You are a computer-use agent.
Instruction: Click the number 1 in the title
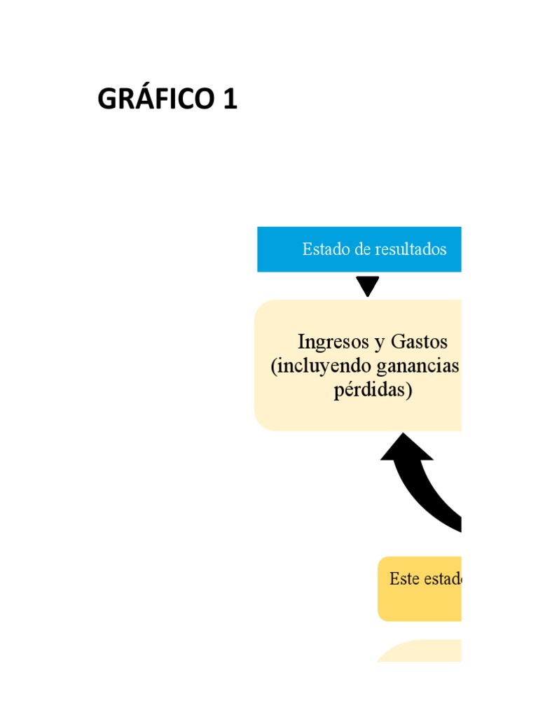(x=230, y=100)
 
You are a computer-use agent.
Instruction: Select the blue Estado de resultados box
(x=359, y=249)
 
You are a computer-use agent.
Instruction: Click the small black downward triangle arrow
(x=368, y=286)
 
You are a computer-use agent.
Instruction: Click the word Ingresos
(x=333, y=342)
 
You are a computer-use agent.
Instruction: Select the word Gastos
(x=419, y=342)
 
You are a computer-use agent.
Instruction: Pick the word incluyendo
(x=323, y=366)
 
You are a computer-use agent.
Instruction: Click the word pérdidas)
(x=373, y=390)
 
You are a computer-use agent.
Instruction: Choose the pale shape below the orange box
(x=420, y=652)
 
